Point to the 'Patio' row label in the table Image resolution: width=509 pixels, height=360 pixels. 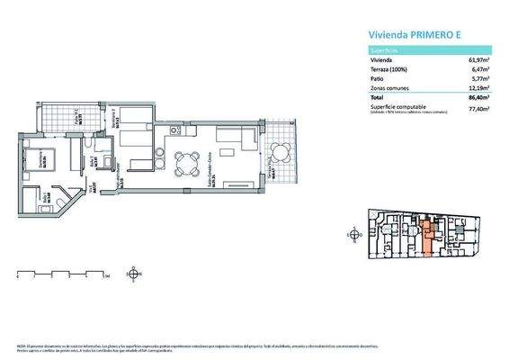coord(379,79)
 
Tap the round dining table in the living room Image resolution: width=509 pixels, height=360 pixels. coord(187,162)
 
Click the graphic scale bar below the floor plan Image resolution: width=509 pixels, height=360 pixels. coord(63,273)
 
